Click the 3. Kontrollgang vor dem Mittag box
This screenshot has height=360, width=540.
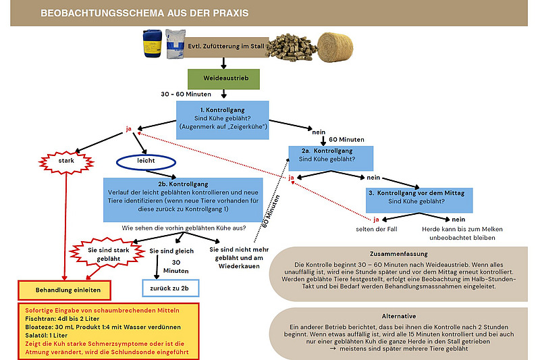point(416,198)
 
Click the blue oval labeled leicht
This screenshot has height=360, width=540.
point(146,163)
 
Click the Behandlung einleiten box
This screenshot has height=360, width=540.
point(63,290)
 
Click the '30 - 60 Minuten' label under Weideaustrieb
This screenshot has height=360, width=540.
point(187,94)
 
